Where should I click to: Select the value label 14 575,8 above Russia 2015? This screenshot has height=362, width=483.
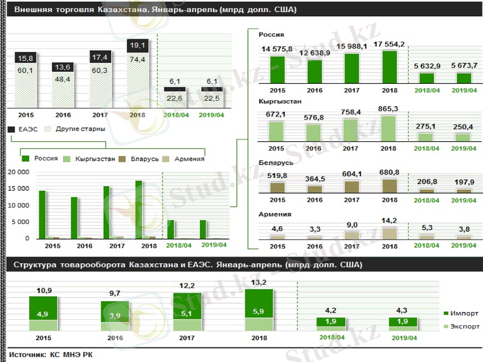tap(277, 49)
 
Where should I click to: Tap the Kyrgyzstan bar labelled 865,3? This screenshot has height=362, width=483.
tap(390, 128)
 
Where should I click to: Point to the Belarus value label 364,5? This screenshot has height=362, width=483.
tap(315, 178)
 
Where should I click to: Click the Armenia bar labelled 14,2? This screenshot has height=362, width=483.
tap(390, 233)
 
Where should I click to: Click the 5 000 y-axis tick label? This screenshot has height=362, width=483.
tap(20, 222)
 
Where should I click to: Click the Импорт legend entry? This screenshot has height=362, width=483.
tap(464, 314)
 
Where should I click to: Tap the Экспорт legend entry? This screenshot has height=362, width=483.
tap(464, 326)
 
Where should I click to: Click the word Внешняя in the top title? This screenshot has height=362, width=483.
tap(34, 11)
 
